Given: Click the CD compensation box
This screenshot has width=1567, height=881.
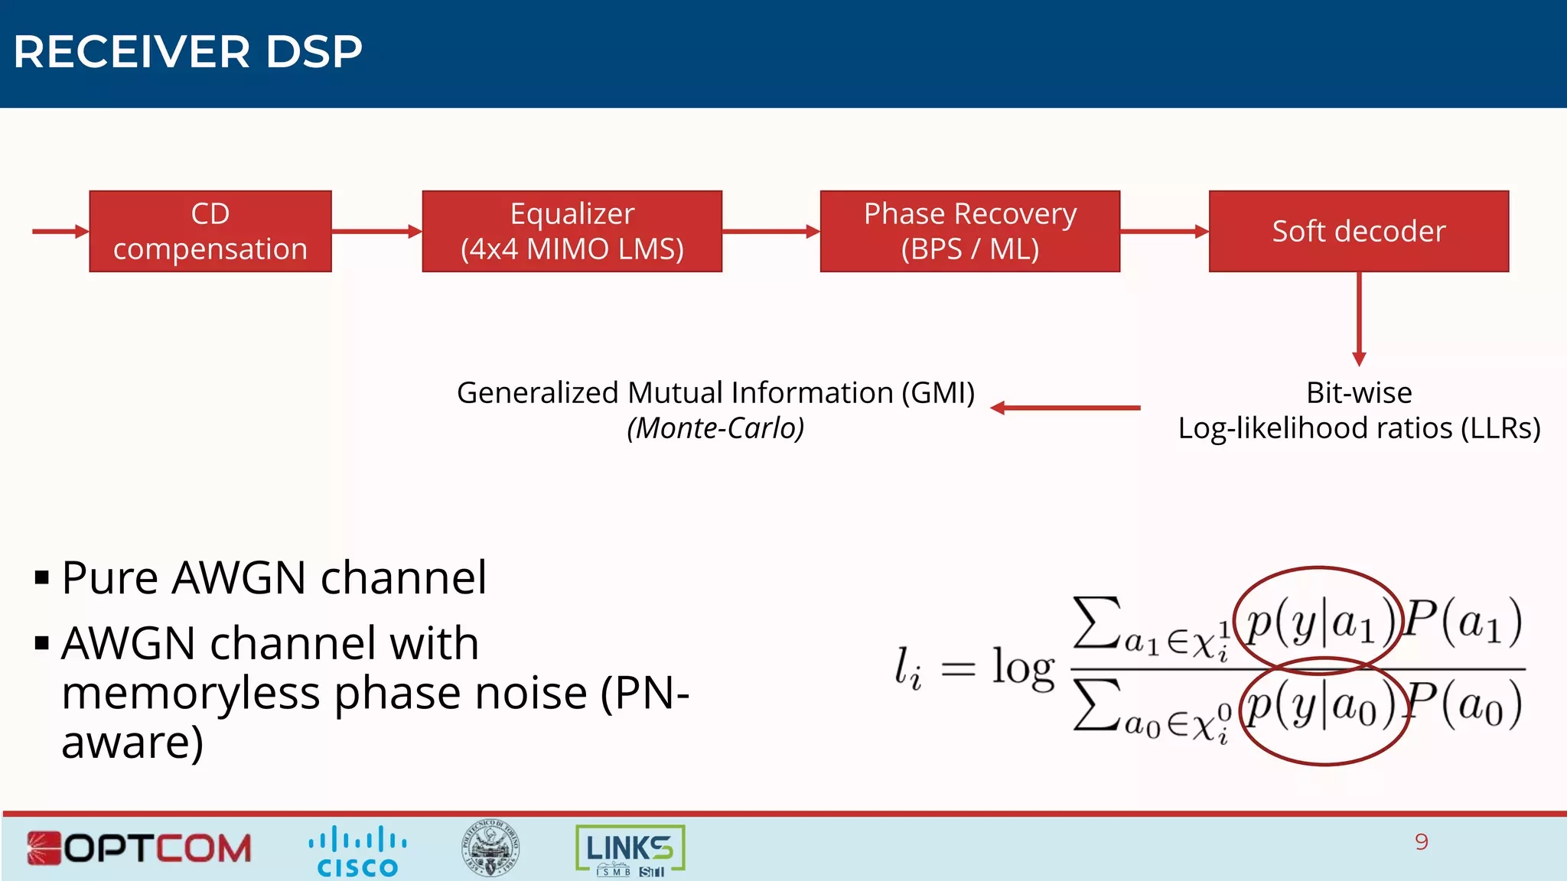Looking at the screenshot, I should (210, 231).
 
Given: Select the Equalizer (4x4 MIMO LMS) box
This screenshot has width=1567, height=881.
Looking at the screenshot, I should (572, 231).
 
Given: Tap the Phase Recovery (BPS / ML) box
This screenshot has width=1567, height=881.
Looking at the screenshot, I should (969, 231).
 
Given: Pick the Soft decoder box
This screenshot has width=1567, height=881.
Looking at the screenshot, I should (1358, 231).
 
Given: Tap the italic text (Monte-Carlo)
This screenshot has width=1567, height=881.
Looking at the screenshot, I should (715, 428).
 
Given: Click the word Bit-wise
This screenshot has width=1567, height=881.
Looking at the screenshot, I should (1359, 393).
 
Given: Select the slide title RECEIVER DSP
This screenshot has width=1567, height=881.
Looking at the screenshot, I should (187, 52).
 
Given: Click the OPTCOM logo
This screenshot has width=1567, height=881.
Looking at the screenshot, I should (139, 848).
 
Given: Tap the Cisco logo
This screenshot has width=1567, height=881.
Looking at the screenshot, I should (357, 850).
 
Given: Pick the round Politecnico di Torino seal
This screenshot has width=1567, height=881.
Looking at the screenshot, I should (490, 848).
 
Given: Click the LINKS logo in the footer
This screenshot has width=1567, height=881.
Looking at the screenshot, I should (630, 850).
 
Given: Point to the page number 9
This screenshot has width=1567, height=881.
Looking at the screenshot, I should (1421, 842).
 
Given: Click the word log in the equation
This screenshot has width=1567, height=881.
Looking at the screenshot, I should (1023, 667).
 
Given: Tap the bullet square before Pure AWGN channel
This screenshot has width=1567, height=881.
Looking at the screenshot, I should (42, 577).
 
